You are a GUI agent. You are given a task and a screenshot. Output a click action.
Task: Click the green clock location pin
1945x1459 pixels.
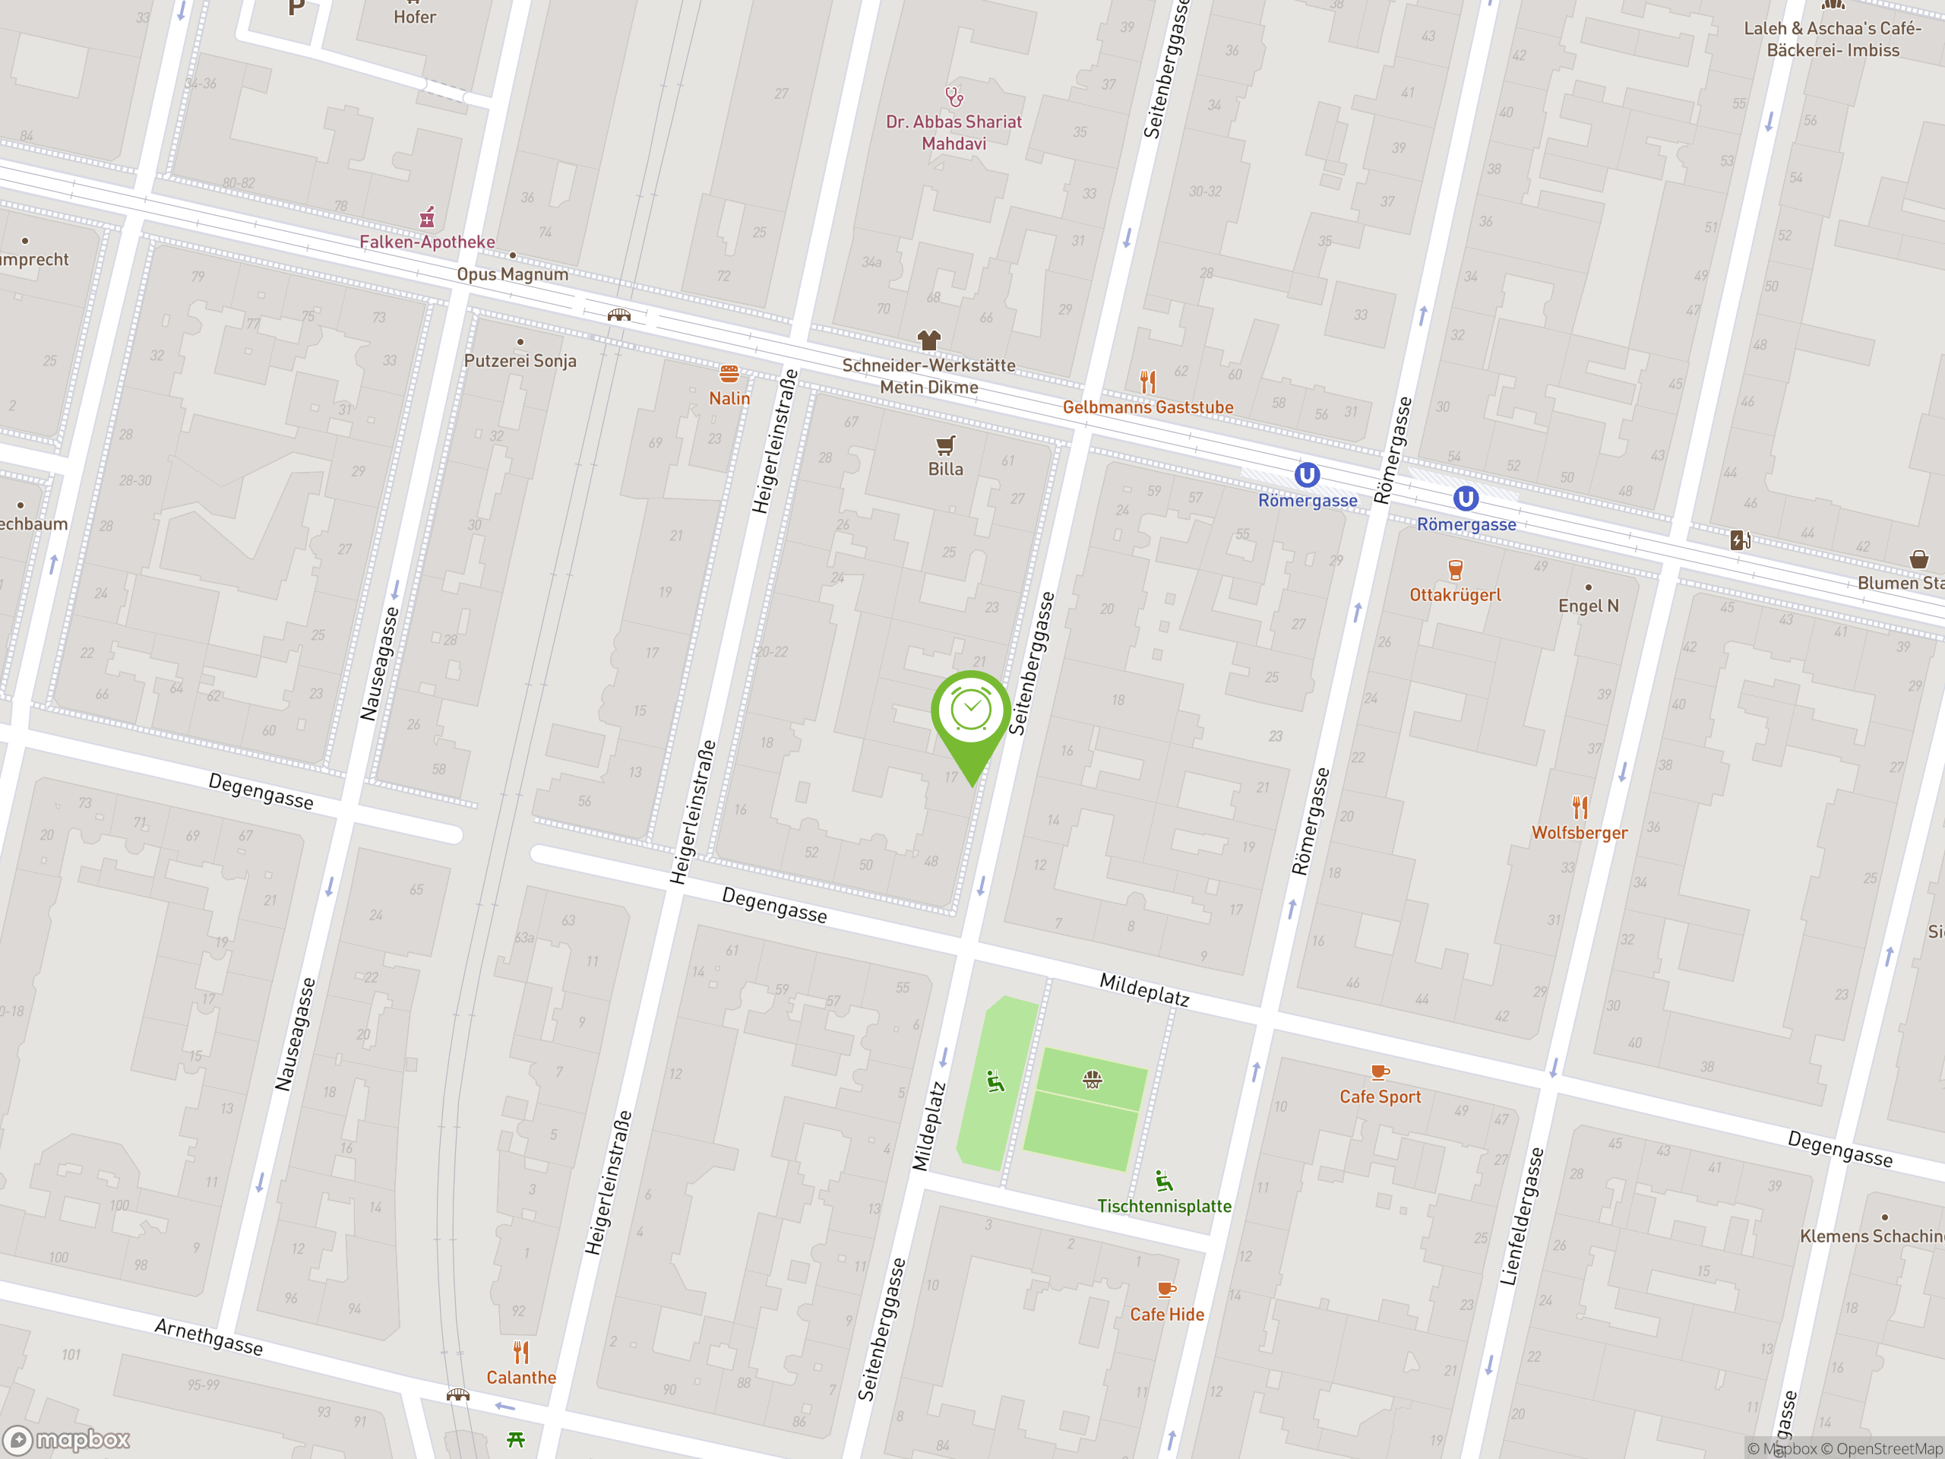tap(971, 712)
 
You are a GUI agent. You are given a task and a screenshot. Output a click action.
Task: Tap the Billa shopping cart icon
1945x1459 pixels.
tap(945, 445)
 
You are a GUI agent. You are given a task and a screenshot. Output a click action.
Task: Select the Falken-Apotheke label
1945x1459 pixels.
tap(426, 242)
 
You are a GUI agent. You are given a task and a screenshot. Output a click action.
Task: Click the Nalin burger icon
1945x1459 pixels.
tap(729, 375)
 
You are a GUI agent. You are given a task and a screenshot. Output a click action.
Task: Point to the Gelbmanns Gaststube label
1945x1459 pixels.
tap(1147, 407)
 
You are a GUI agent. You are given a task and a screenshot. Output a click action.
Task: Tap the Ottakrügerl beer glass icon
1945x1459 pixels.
tap(1455, 570)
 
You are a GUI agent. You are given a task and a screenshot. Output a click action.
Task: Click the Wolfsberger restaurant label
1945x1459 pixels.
tap(1580, 833)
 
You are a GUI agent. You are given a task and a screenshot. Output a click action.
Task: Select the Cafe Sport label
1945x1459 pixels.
tap(1380, 1097)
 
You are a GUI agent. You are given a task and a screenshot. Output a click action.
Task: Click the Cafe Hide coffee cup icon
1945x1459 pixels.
tap(1166, 1290)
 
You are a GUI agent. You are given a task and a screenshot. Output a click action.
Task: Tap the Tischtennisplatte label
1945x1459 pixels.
tap(1164, 1206)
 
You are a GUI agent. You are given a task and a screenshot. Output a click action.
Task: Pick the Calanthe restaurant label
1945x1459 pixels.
tap(521, 1377)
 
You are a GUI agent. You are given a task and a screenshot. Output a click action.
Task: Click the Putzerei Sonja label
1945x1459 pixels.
tap(520, 361)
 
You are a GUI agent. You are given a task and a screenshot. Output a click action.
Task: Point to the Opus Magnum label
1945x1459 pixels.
tap(512, 274)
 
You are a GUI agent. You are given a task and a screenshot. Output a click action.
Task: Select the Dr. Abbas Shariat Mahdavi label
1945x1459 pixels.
tap(954, 133)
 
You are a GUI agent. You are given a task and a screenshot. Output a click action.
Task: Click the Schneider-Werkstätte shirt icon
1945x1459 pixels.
tap(928, 340)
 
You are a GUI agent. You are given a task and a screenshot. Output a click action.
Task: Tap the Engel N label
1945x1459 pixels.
tap(1588, 606)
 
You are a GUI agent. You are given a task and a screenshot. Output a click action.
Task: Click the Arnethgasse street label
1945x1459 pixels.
tap(209, 1337)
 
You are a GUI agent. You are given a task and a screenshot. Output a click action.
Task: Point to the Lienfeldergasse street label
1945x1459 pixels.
tap(1522, 1217)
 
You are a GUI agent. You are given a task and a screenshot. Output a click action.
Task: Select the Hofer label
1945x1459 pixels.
tap(415, 17)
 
